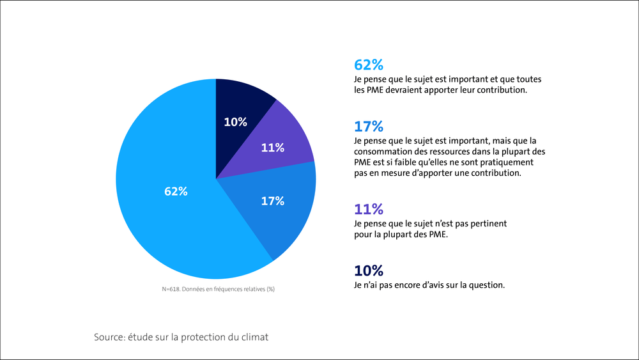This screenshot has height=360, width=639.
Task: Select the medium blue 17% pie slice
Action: pyautogui.click(x=281, y=211)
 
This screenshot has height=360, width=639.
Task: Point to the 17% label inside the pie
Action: pyautogui.click(x=272, y=201)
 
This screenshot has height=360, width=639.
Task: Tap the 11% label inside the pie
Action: pyautogui.click(x=272, y=148)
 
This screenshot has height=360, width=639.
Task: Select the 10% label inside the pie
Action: pyautogui.click(x=235, y=122)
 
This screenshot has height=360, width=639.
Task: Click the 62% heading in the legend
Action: pyautogui.click(x=369, y=65)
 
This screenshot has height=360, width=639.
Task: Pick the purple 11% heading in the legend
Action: pyautogui.click(x=369, y=208)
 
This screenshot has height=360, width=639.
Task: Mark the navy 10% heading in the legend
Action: pyautogui.click(x=369, y=270)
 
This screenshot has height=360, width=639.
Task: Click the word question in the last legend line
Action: pyautogui.click(x=486, y=285)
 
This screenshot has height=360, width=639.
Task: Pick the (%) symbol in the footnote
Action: pyautogui.click(x=270, y=289)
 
